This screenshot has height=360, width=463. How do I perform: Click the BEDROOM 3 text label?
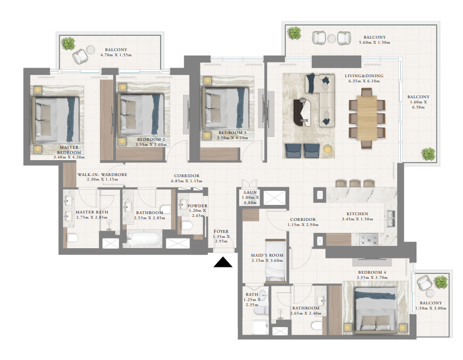click(x=232, y=132)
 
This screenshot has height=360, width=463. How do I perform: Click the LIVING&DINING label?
click(x=364, y=76)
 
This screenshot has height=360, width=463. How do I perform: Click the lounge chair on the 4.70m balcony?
click(x=80, y=55)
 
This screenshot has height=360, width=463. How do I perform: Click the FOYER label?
click(x=221, y=232)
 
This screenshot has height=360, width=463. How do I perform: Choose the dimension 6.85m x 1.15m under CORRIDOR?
click(x=185, y=181)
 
